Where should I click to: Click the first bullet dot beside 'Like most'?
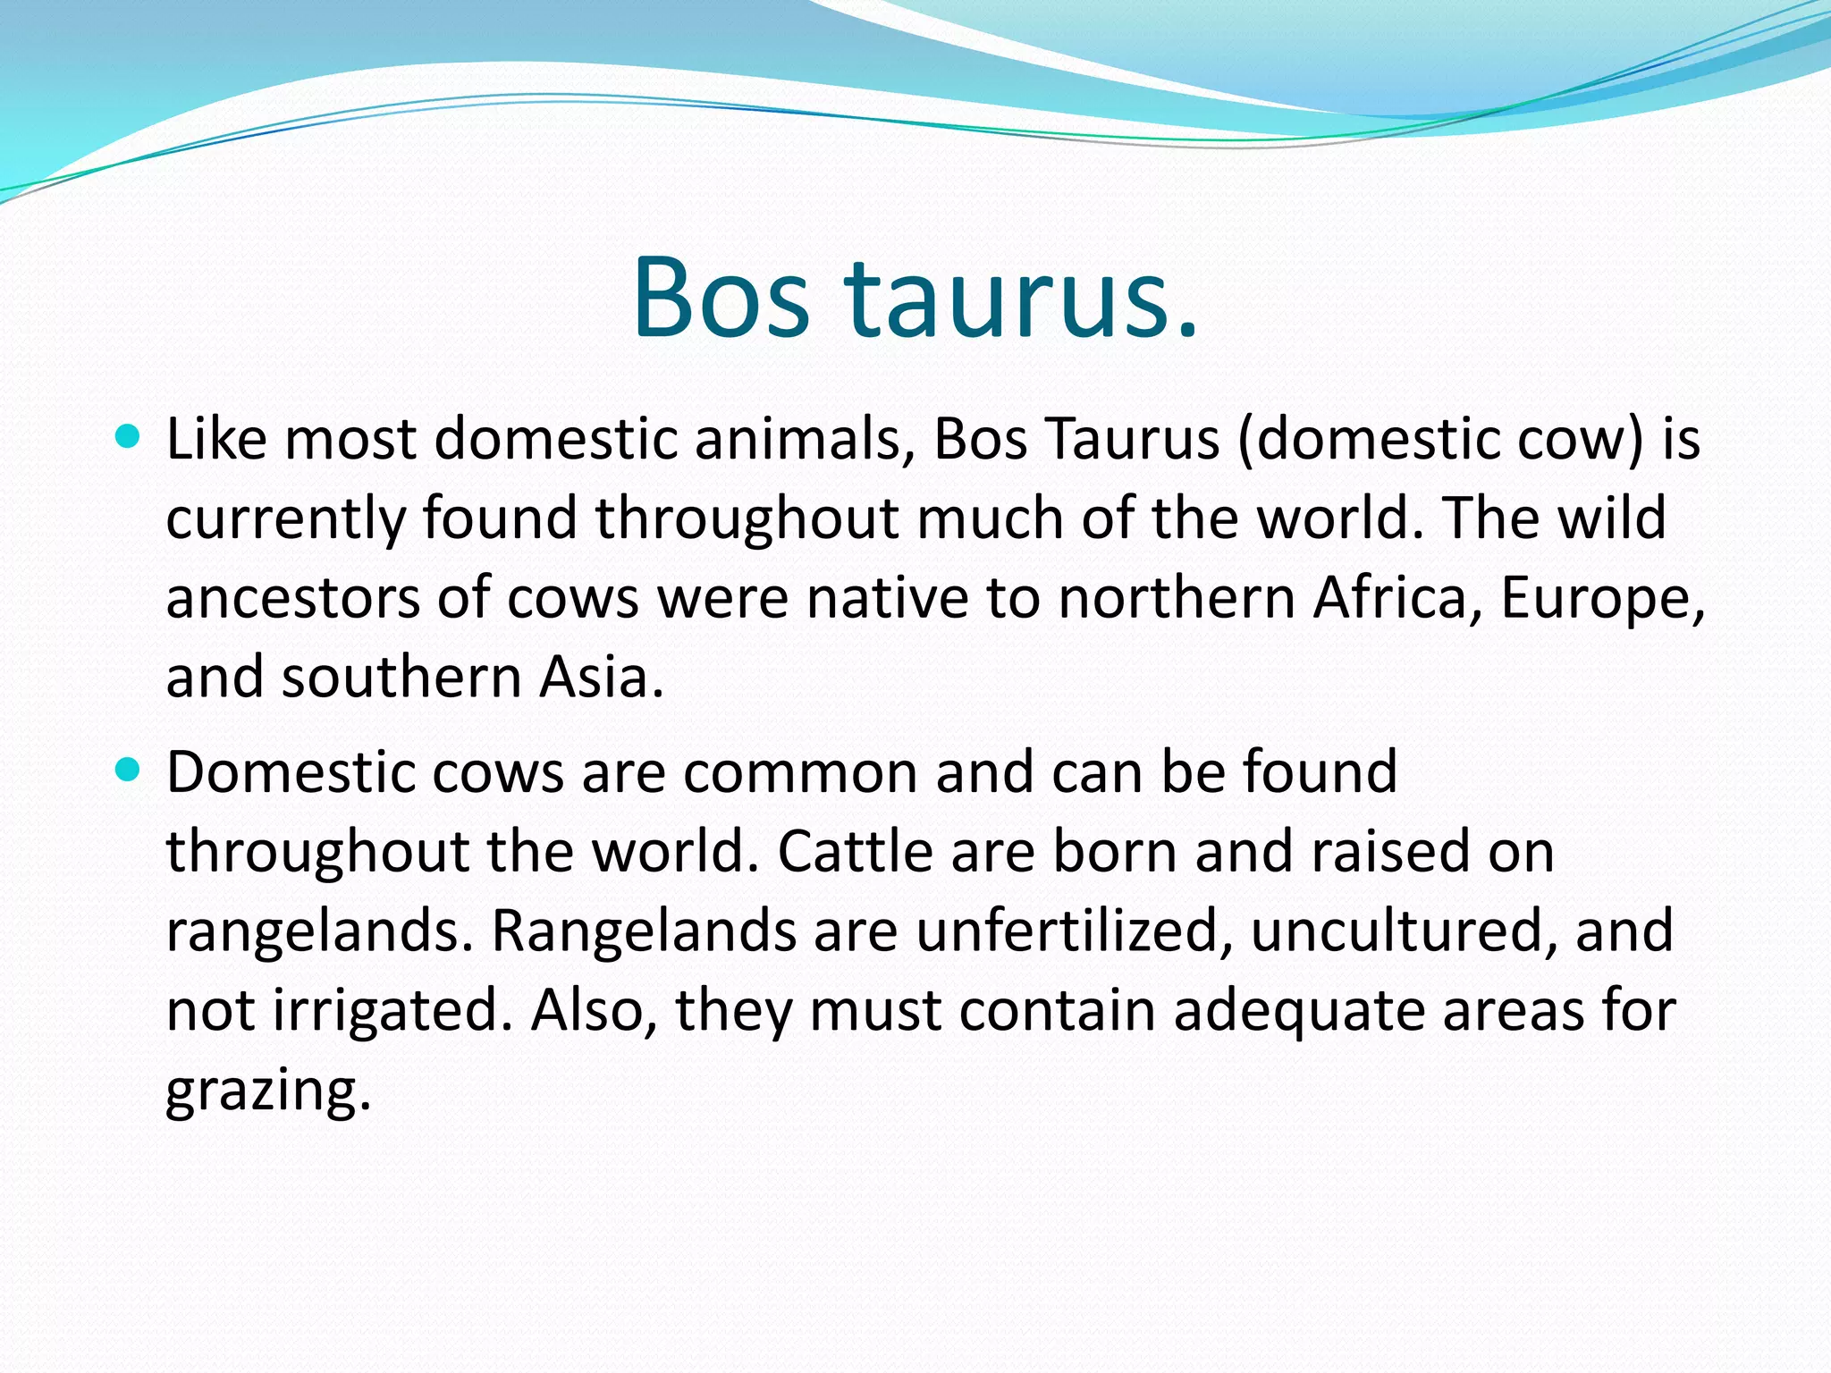tap(129, 437)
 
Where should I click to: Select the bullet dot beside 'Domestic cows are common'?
tap(129, 770)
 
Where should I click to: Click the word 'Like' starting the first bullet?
tap(215, 440)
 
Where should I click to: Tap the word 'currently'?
tap(284, 520)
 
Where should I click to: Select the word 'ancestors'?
tap(291, 599)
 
